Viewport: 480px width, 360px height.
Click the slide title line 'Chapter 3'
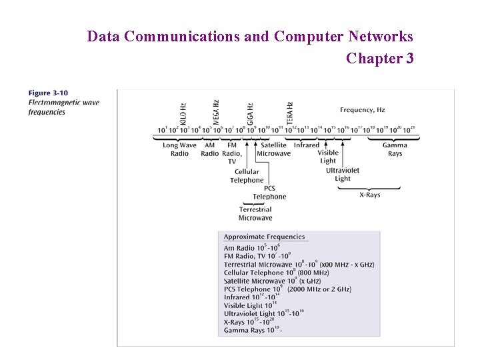(380, 59)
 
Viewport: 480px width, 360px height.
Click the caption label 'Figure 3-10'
(48, 93)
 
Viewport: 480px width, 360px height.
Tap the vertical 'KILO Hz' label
(183, 111)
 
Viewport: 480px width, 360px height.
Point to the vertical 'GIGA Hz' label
(251, 113)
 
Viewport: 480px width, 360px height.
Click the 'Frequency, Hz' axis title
(362, 110)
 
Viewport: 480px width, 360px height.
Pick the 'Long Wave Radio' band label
(179, 149)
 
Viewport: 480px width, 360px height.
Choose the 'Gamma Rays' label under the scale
(395, 149)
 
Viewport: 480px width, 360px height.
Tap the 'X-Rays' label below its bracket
(369, 195)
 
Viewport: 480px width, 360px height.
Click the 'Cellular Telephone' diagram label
(247, 176)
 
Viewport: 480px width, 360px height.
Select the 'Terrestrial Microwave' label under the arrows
(255, 214)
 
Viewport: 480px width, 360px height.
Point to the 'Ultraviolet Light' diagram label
(343, 174)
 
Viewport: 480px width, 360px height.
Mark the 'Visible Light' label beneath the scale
(328, 157)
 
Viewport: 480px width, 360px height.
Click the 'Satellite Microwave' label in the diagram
(274, 149)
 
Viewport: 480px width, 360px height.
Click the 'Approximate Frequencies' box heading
(264, 237)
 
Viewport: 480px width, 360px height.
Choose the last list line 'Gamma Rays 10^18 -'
(253, 330)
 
